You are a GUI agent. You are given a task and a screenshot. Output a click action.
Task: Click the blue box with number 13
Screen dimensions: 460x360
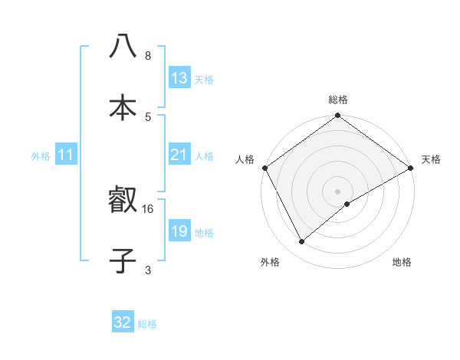179,78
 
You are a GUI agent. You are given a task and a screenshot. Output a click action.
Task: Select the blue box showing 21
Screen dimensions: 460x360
179,155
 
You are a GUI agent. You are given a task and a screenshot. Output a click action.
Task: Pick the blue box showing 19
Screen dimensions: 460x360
179,231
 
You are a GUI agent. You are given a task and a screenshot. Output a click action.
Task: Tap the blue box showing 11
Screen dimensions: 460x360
66,155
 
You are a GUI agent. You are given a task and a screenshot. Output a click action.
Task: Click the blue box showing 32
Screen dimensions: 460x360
123,322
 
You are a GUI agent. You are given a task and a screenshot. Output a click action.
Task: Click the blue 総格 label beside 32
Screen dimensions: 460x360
147,324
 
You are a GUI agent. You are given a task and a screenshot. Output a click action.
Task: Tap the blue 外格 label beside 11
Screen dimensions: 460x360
41,155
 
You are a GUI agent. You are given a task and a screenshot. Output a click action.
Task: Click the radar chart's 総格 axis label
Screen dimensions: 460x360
338,100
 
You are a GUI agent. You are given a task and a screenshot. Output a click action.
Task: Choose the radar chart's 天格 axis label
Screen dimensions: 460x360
432,159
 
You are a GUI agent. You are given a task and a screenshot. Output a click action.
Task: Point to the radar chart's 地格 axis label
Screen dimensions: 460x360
402,263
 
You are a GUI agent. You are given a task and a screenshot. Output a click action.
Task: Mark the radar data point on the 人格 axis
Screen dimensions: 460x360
264,168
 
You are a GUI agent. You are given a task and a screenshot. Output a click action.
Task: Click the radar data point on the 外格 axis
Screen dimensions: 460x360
302,242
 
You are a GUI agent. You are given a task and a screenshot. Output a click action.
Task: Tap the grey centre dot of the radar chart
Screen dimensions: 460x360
338,191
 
